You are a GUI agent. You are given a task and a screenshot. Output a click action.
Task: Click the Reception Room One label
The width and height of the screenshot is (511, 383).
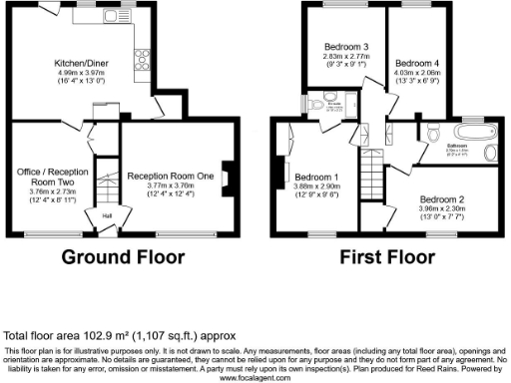pyautogui.click(x=171, y=177)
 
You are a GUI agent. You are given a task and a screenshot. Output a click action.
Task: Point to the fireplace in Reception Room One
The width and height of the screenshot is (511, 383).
pyautogui.click(x=226, y=178)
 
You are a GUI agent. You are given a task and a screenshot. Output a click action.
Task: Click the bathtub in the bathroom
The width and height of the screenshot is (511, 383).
pyautogui.click(x=467, y=135)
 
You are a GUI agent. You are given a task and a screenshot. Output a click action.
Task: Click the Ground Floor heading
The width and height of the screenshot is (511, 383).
pyautogui.click(x=123, y=256)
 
